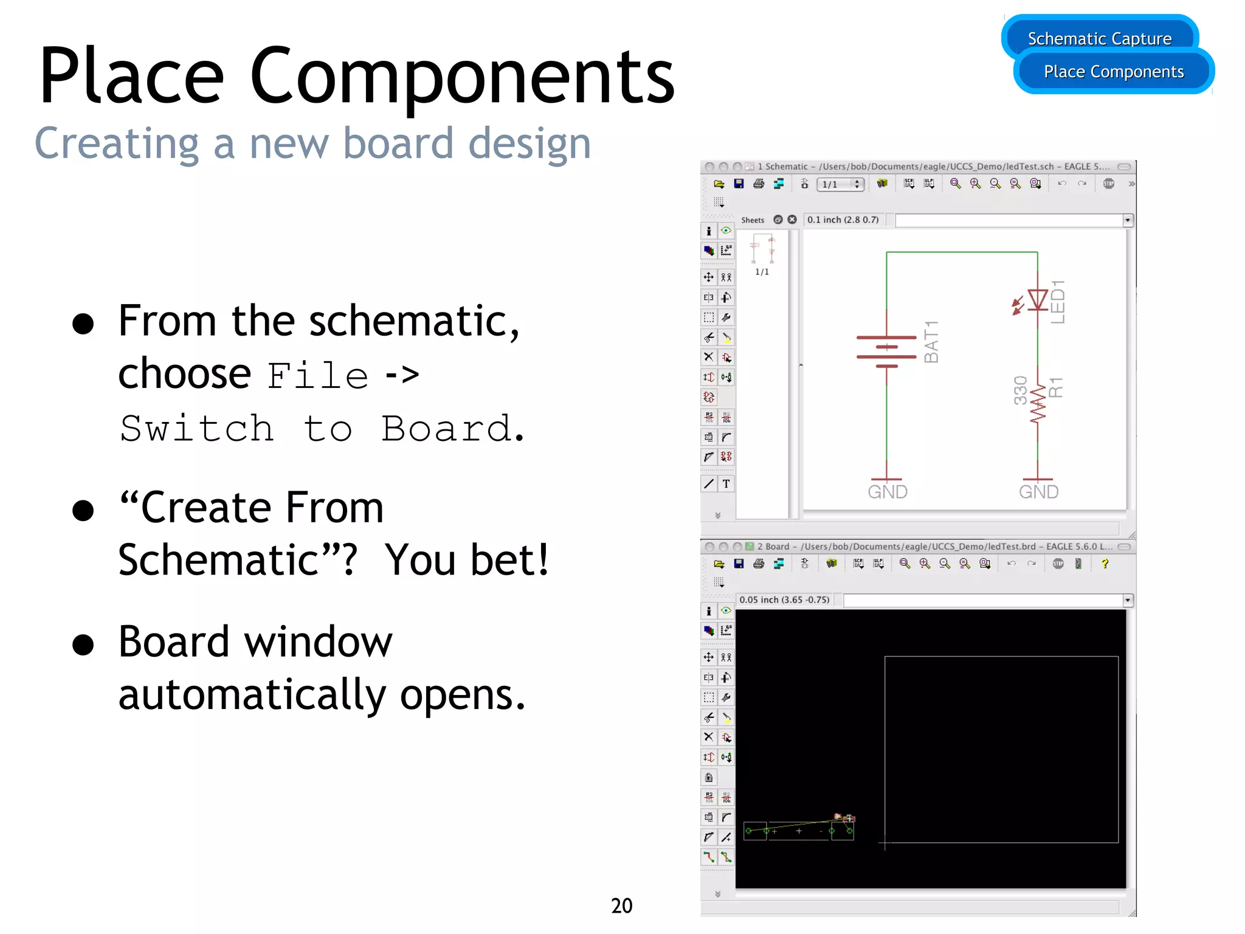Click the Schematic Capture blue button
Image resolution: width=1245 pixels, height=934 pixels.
1099,38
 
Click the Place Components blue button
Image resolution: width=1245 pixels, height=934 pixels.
1114,72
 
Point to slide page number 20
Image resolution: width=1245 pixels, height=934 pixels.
621,905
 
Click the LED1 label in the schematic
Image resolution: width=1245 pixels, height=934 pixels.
1058,302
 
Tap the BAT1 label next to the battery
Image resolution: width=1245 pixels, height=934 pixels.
931,342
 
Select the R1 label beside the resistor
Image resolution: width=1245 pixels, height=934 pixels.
1057,387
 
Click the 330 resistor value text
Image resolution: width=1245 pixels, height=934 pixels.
1021,390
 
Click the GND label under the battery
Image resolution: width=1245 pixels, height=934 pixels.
888,491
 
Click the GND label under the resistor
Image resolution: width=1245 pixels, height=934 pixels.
1039,491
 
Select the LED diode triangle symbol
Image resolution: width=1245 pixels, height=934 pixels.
1037,299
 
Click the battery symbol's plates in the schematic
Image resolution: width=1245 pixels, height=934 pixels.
886,351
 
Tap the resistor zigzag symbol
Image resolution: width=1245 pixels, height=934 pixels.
1038,403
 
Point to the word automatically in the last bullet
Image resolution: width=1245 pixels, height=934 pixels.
252,695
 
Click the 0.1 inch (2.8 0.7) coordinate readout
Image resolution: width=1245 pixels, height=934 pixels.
843,220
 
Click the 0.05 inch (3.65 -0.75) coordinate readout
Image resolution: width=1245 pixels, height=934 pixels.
784,600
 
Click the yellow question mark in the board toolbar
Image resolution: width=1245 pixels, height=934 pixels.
1105,564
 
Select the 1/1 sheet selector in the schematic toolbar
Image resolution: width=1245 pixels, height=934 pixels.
840,184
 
